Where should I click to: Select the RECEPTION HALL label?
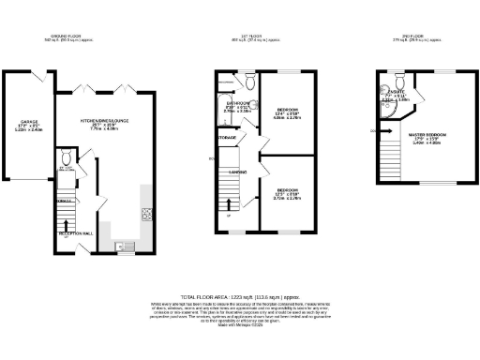click(x=74, y=232)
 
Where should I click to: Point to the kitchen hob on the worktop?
click(x=146, y=213)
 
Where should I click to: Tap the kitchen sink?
click(x=122, y=247)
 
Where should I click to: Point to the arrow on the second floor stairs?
click(x=374, y=131)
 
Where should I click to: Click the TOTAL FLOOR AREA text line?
click(x=239, y=295)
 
